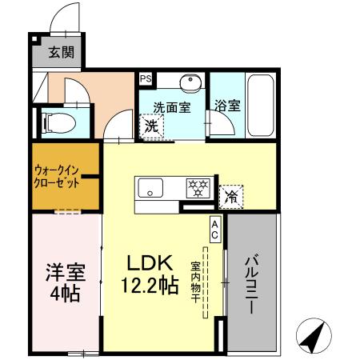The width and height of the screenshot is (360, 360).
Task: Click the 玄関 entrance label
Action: point(60,54)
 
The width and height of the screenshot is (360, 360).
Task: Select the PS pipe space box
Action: point(146,78)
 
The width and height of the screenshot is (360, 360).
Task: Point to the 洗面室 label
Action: point(171,106)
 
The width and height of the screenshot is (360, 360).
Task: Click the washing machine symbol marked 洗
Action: point(150,126)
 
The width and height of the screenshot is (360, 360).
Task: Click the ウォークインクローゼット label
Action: point(56,175)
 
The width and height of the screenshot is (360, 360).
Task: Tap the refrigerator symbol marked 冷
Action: point(231,194)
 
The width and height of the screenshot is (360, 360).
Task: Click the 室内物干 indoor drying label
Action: point(195,284)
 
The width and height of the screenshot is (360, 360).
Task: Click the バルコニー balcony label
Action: point(251,284)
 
